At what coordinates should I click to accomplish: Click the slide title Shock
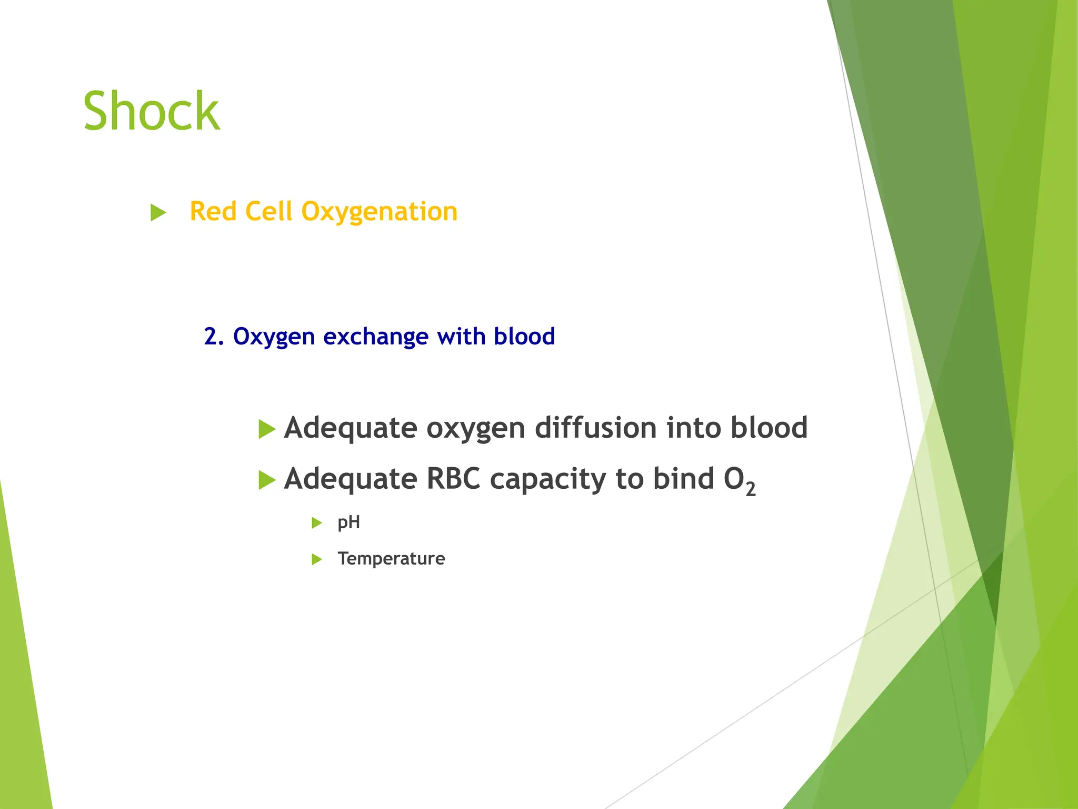(x=151, y=111)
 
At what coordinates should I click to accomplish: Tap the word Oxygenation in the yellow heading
(x=379, y=212)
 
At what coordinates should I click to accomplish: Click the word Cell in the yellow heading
(x=268, y=211)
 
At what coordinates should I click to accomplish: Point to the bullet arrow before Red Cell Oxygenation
(x=158, y=213)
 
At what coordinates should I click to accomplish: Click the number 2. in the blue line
(x=214, y=337)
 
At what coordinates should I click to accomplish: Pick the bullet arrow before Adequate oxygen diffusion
(x=267, y=429)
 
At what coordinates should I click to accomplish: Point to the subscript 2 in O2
(x=751, y=489)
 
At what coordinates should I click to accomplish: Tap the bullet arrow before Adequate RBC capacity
(x=267, y=480)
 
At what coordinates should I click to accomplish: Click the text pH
(x=348, y=523)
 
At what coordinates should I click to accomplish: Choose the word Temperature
(x=391, y=558)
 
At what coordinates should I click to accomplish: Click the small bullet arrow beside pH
(x=316, y=523)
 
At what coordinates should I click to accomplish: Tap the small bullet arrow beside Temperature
(x=316, y=559)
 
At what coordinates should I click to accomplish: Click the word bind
(x=683, y=479)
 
